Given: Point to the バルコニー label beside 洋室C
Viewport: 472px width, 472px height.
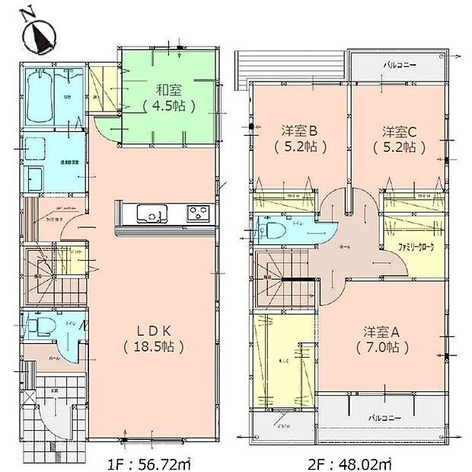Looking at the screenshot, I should click(397, 66).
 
